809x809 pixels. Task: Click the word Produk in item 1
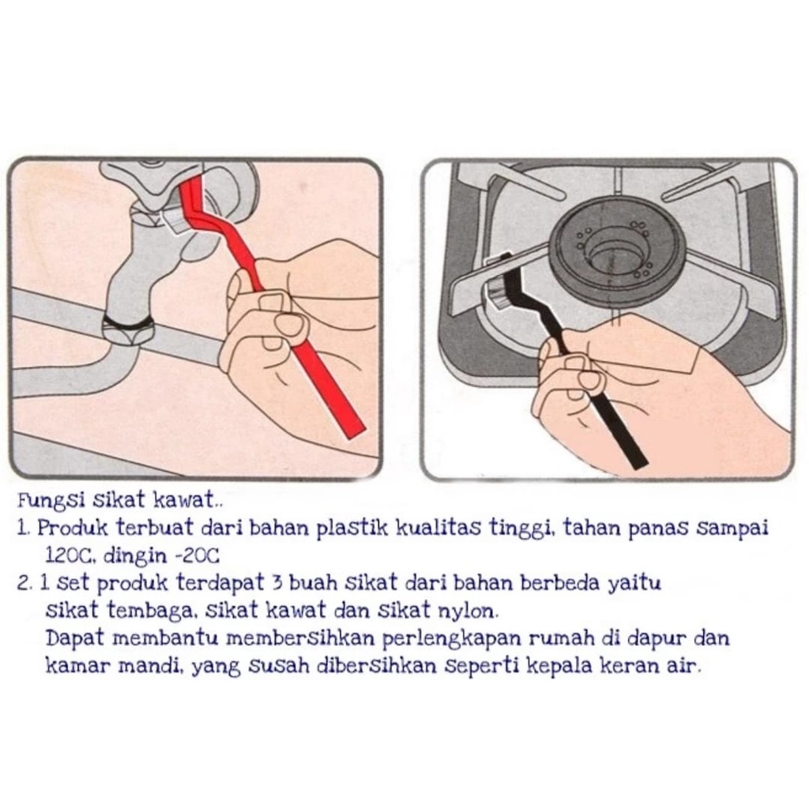coord(73,529)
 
